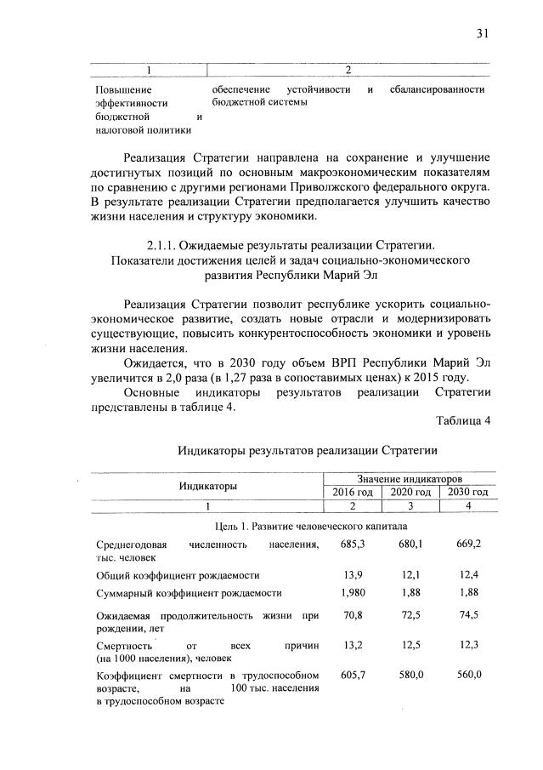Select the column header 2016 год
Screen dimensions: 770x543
(352, 492)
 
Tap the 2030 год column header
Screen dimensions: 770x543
(468, 492)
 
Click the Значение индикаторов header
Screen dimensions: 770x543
(410, 479)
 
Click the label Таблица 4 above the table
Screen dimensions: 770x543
(464, 421)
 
